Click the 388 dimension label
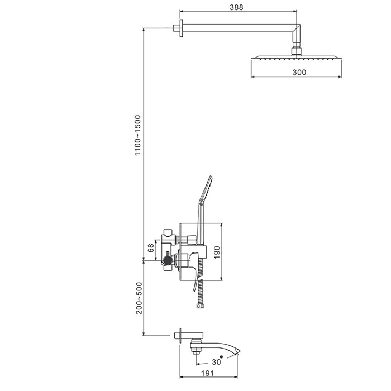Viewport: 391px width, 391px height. (236, 7)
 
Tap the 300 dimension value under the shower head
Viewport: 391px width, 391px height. (299, 72)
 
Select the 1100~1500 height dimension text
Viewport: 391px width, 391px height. (137, 135)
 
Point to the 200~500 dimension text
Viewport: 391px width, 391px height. (139, 298)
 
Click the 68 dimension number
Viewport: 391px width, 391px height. (151, 248)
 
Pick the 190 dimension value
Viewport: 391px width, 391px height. (217, 252)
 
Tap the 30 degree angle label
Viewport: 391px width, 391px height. (217, 361)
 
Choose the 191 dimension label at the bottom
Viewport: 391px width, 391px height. (207, 373)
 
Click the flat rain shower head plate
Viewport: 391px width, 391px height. (296, 57)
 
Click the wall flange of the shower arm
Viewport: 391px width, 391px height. (182, 28)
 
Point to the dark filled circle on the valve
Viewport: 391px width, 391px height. (167, 260)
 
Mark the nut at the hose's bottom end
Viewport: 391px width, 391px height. (199, 306)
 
